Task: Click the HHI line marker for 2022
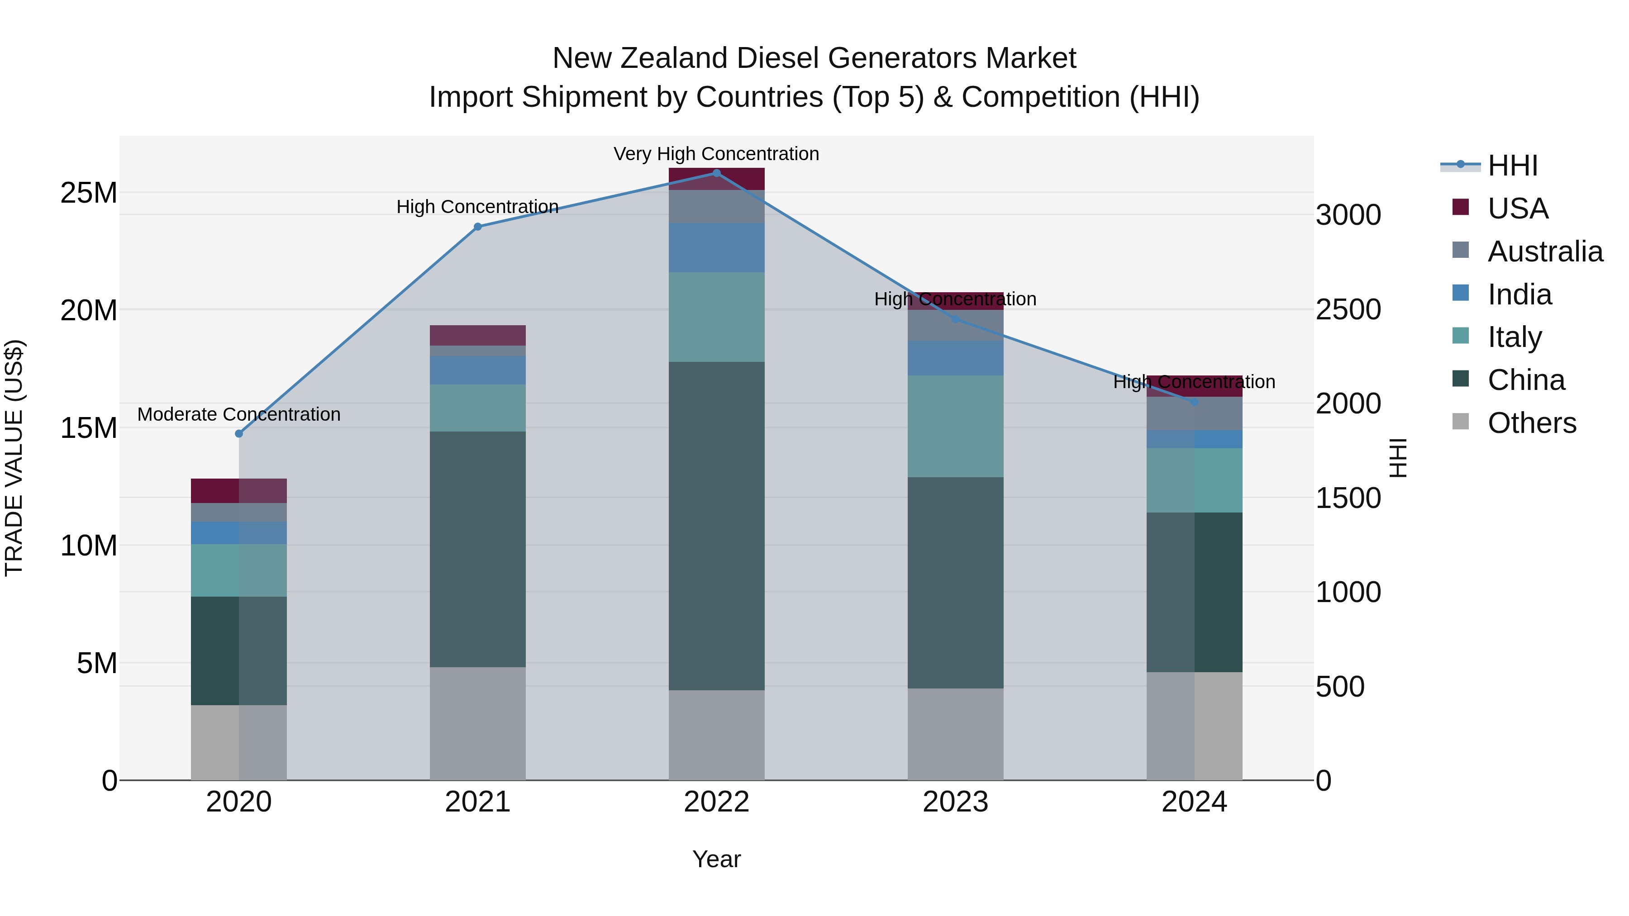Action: [x=716, y=173]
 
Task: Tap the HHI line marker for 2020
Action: [x=239, y=434]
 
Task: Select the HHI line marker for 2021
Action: [x=477, y=227]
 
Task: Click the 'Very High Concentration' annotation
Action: [x=716, y=154]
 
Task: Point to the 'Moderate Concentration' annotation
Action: [x=239, y=415]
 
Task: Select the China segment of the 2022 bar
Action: [x=716, y=526]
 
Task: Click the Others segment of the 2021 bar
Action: [x=477, y=723]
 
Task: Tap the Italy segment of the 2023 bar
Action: [x=956, y=427]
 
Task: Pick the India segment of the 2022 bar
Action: [x=716, y=248]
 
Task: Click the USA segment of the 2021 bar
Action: [x=477, y=335]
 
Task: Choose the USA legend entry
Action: [x=1518, y=209]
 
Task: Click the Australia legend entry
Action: [x=1545, y=252]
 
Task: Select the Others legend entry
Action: [x=1532, y=423]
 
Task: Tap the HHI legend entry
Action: [x=1513, y=166]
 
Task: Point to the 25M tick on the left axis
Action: [x=89, y=193]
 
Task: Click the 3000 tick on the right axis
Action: [x=1348, y=215]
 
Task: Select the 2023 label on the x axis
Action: [x=956, y=802]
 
